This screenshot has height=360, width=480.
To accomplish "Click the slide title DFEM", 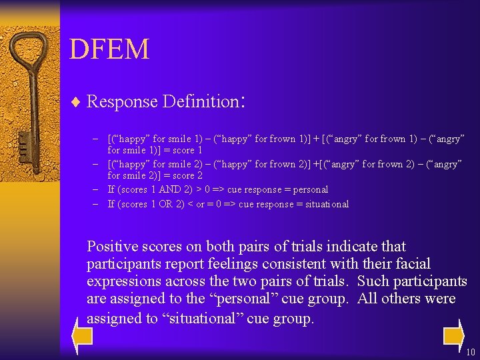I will click(109, 49).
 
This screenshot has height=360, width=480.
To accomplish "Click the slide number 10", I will click(471, 352).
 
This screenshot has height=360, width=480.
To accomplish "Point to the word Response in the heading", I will click(122, 102).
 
